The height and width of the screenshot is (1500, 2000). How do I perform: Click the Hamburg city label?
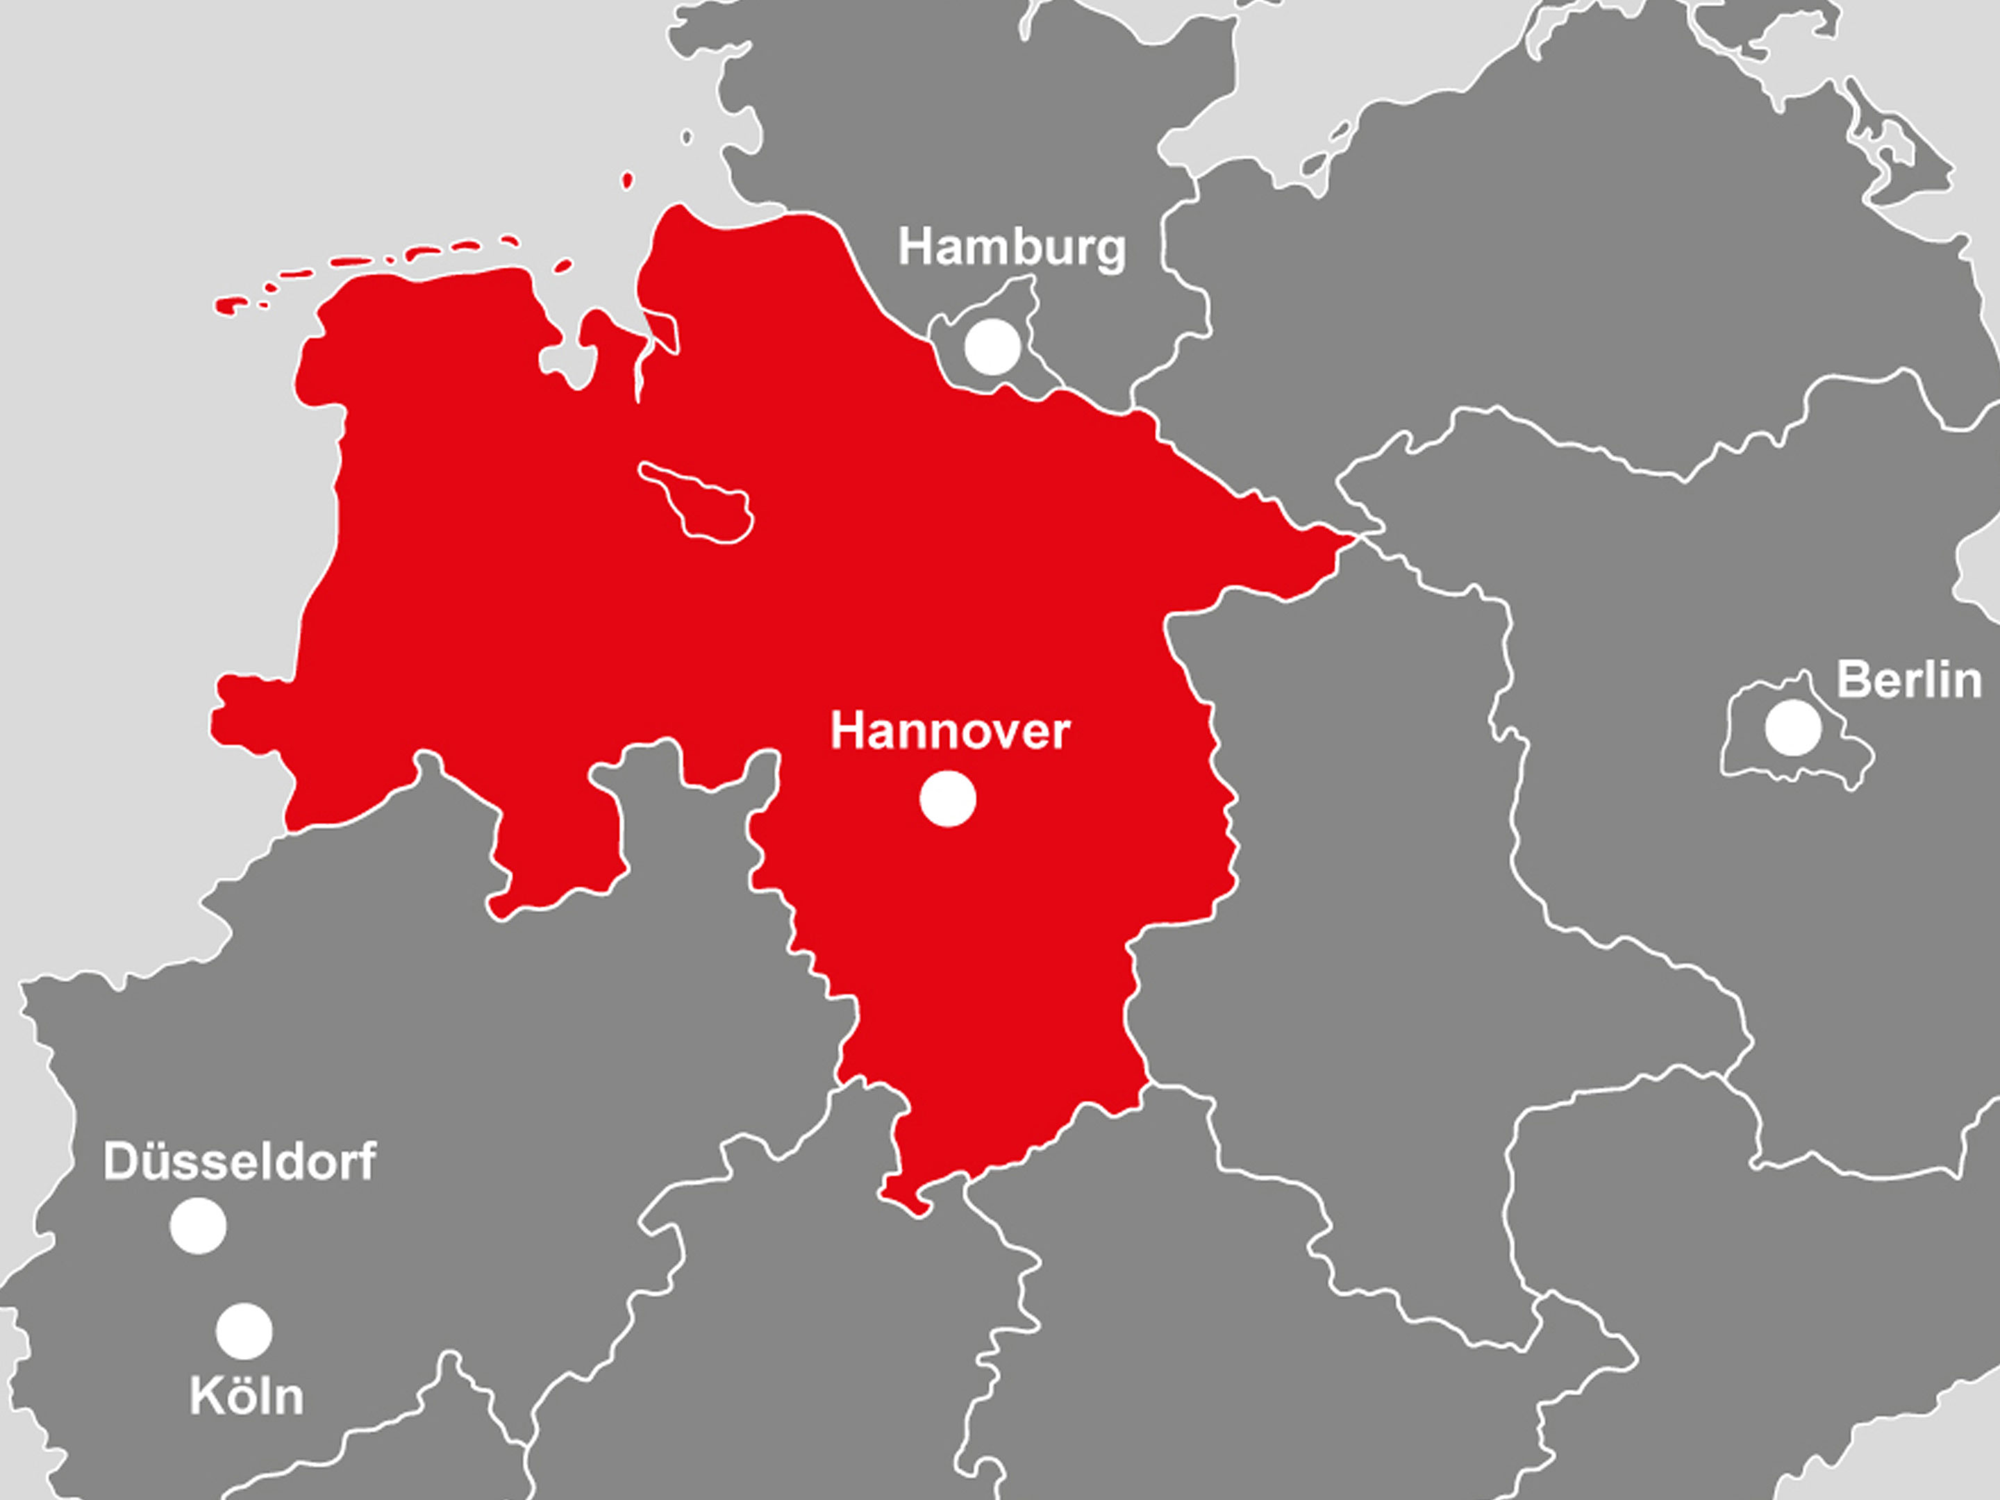(1012, 247)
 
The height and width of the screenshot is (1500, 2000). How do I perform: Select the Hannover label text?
(949, 731)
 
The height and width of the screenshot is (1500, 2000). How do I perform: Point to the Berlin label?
(1908, 680)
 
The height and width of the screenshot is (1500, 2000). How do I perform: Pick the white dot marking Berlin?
(1793, 728)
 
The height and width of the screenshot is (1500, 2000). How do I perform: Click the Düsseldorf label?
(239, 1161)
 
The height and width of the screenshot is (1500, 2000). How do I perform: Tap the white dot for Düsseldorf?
(198, 1226)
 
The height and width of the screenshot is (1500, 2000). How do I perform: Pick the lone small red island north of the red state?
(628, 181)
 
